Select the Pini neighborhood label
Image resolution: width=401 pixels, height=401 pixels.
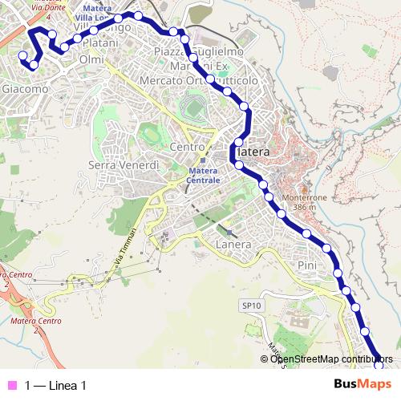coord(307,265)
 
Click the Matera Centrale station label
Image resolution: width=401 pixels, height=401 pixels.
coord(203,176)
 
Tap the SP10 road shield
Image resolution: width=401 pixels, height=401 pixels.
coord(252,306)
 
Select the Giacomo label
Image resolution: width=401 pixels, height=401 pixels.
coord(25,89)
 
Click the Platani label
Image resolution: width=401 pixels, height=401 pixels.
coord(101,42)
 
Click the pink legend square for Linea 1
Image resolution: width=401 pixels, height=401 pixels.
coord(10,386)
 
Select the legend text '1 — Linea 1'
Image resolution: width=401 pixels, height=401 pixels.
coord(55,386)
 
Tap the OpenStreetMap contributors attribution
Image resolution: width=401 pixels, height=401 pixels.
coord(331,358)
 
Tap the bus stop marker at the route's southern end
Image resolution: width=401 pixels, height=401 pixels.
coord(379,366)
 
